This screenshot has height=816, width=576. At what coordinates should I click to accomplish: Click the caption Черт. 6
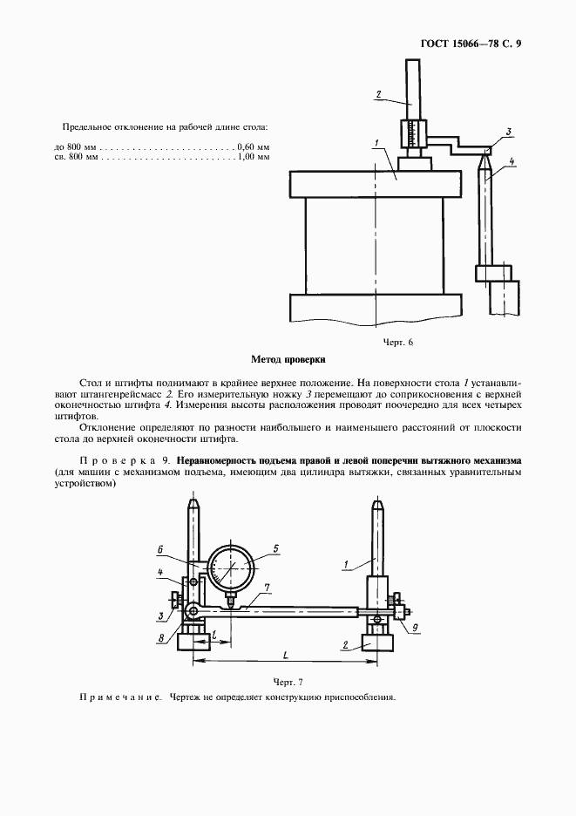tap(397, 342)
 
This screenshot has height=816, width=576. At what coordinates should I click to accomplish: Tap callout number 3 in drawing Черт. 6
tap(508, 132)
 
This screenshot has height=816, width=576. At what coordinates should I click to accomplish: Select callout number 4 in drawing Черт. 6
tap(512, 161)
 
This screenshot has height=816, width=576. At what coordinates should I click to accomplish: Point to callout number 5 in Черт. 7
tap(275, 548)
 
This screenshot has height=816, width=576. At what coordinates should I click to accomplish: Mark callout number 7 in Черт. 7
tap(267, 588)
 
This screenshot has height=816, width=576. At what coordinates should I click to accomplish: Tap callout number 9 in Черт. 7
tap(415, 627)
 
